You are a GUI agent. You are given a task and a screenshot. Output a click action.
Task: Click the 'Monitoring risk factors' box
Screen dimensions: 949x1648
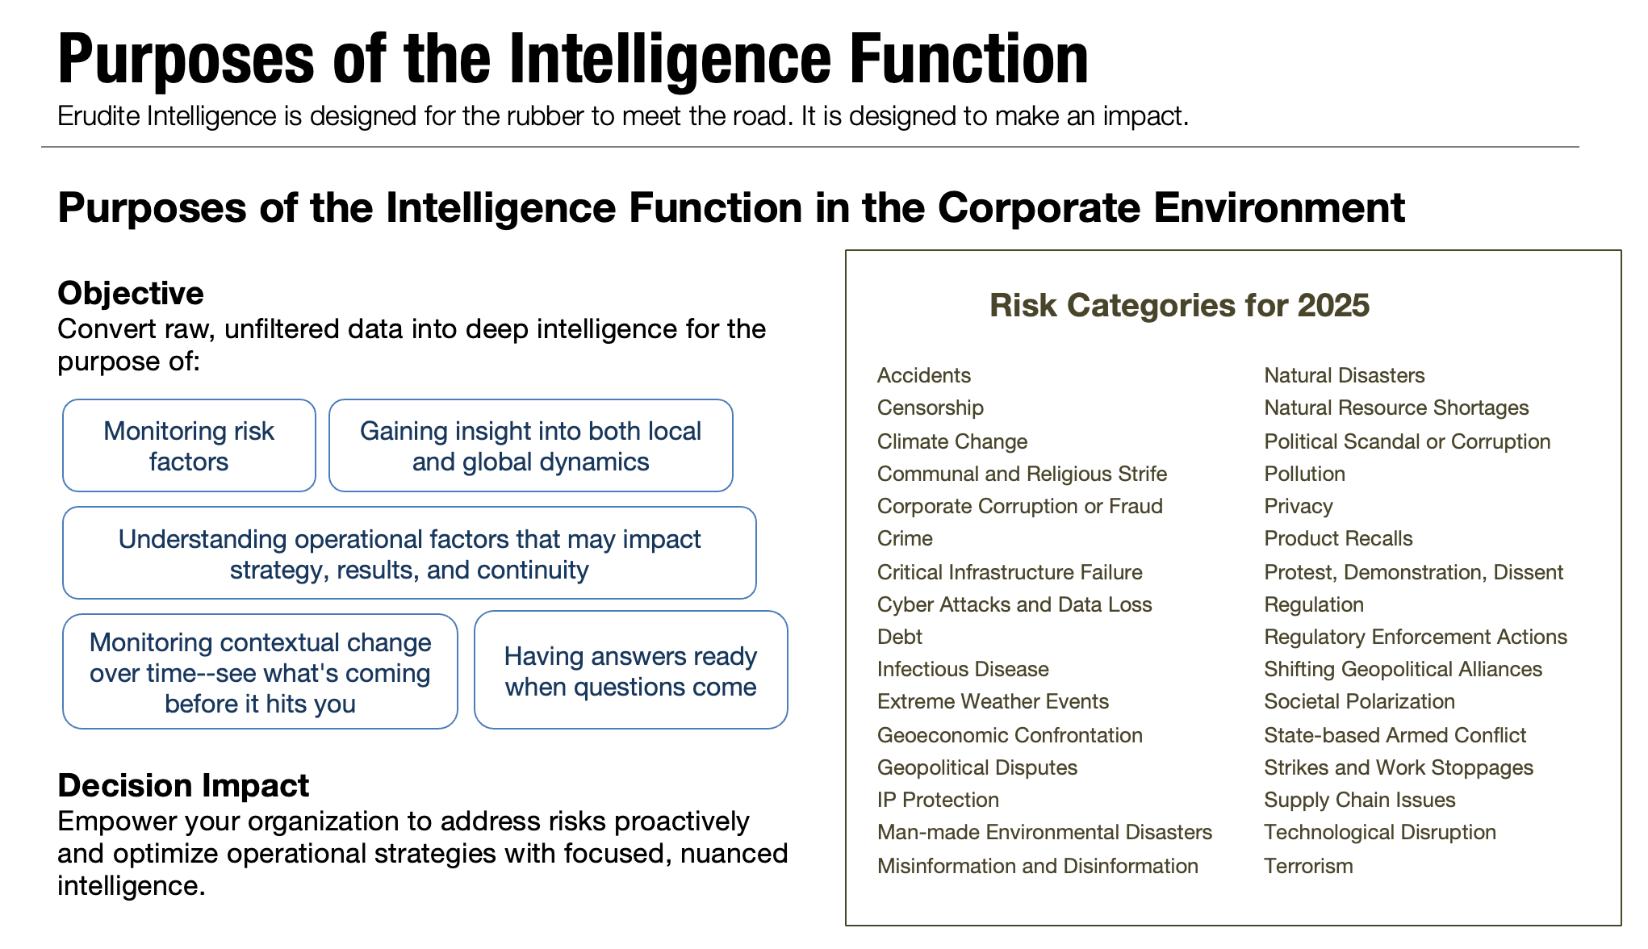click(x=189, y=445)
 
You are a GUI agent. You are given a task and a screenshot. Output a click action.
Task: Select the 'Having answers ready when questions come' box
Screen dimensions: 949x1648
click(x=630, y=671)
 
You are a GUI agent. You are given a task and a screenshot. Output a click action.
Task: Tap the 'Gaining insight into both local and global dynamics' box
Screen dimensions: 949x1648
click(x=530, y=445)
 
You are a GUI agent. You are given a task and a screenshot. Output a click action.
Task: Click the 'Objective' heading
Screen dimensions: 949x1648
click(x=131, y=293)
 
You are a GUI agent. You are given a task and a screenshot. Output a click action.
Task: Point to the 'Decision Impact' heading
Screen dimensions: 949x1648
click(x=183, y=785)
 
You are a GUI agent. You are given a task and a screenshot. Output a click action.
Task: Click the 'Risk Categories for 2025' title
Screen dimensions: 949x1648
click(x=1179, y=305)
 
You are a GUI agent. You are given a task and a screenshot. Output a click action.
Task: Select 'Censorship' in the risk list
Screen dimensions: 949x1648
click(x=930, y=408)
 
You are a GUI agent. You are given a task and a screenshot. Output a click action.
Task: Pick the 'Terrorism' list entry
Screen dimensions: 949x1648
click(x=1307, y=866)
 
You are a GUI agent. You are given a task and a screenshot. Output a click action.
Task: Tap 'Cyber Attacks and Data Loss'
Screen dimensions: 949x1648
click(x=1014, y=604)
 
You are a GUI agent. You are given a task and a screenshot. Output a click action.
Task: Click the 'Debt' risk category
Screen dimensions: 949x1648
click(x=899, y=637)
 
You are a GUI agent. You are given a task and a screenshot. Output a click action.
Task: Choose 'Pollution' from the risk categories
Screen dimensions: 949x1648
click(x=1304, y=474)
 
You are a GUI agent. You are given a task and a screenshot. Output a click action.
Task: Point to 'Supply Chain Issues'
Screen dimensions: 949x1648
click(x=1359, y=800)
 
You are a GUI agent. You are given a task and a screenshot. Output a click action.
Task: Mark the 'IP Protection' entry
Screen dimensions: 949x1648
click(x=938, y=800)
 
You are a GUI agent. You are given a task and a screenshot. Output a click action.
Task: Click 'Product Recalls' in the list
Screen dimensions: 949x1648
click(x=1338, y=538)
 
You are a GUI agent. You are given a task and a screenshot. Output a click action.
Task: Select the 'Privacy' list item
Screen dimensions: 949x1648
click(x=1298, y=506)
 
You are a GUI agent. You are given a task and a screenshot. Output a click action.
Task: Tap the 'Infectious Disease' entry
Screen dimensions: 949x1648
click(x=963, y=669)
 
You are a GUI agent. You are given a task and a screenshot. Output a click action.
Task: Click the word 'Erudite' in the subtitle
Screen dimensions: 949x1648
click(x=99, y=116)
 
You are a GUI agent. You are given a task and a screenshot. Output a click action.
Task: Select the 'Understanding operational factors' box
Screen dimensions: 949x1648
click(x=409, y=554)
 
